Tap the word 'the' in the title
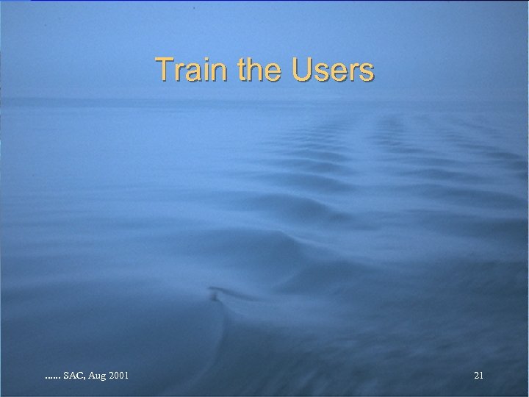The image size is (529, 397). (260, 71)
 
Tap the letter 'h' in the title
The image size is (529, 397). (259, 71)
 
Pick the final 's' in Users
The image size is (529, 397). (367, 73)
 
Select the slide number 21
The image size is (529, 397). (478, 376)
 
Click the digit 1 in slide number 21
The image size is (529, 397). (481, 376)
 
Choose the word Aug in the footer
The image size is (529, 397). (97, 376)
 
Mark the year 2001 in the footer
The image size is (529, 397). (120, 376)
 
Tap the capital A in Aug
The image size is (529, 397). (92, 376)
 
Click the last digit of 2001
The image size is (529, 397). (128, 376)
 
